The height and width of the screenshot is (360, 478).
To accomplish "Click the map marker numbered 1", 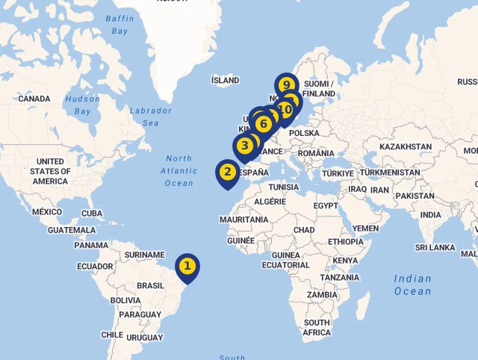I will tap(187, 266).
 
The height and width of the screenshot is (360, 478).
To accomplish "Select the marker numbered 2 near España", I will tap(228, 171).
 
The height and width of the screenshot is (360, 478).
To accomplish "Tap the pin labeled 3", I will tap(244, 145).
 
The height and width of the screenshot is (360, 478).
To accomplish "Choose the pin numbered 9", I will tap(286, 84).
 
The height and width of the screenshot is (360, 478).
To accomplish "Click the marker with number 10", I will tap(285, 111).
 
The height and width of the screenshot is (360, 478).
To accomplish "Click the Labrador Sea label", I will tap(151, 117).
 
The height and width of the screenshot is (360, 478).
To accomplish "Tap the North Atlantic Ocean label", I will tap(179, 171).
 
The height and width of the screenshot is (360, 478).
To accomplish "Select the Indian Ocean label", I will tap(413, 285).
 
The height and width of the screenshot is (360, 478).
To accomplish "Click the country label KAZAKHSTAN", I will tap(406, 146).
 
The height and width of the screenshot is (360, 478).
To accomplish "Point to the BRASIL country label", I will tap(150, 285).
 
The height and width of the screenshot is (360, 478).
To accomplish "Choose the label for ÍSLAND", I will tap(226, 80).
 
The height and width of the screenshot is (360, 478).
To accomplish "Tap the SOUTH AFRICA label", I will tap(317, 327).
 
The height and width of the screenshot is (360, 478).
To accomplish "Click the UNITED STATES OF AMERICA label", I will tap(51, 171).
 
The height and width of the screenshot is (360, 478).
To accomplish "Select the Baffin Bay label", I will tap(119, 24).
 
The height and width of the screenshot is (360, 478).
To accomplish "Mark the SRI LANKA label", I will tap(435, 247).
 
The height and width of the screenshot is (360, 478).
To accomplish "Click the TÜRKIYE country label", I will tap(337, 173).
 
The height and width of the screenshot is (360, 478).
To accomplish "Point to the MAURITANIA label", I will tap(243, 220).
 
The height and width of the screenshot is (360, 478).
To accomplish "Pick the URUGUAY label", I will tap(145, 338).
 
